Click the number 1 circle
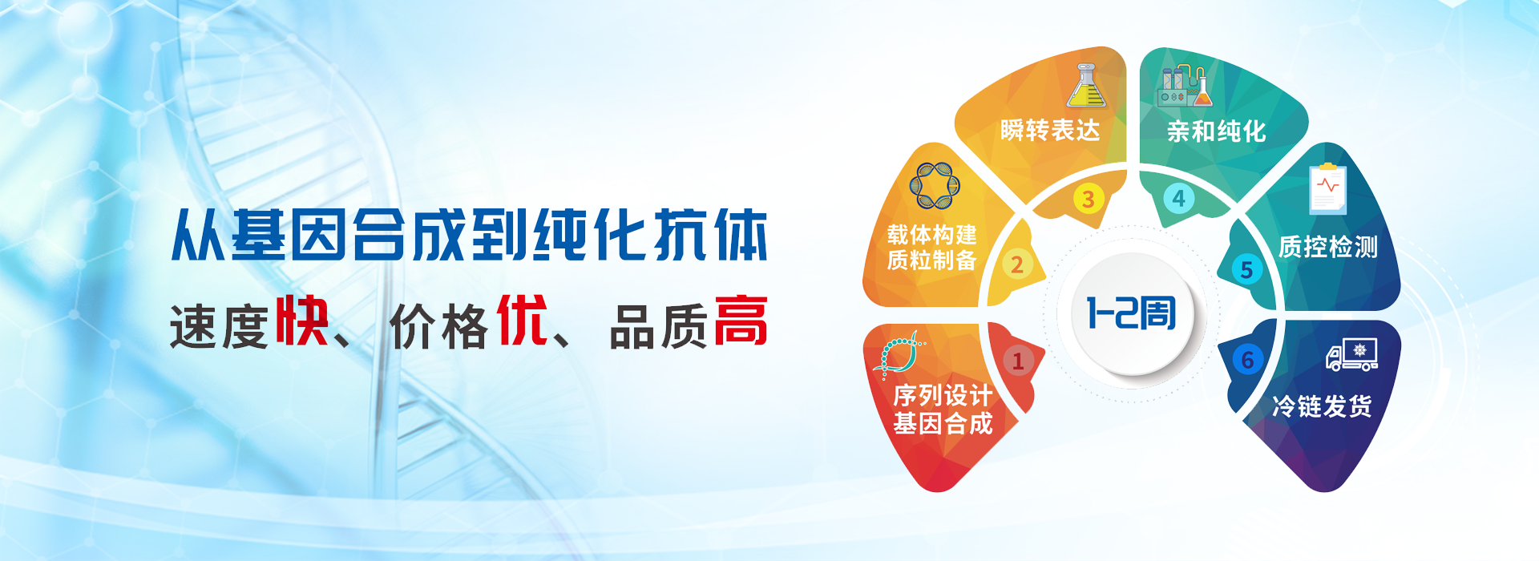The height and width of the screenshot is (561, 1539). pos(1018,361)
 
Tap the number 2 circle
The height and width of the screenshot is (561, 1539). pos(1016,264)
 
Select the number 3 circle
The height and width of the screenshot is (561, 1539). pos(1089,199)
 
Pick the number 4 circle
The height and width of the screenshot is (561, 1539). pos(1178,198)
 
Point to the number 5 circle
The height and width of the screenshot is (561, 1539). pos(1246,269)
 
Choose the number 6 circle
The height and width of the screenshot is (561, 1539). pos(1247,360)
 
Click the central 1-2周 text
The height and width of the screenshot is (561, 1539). pos(1131,313)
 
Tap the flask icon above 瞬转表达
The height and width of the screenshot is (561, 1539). pos(1086,85)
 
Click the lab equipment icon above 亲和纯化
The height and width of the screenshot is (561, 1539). pos(1184,87)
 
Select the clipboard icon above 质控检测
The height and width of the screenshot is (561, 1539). pos(1327,188)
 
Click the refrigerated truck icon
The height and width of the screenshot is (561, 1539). pos(1352,354)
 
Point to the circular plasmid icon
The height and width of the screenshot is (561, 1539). pos(935,186)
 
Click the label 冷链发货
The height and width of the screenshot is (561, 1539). pos(1322,406)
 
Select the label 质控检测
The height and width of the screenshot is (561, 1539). pos(1328,246)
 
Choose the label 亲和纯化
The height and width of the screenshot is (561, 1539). pos(1216,131)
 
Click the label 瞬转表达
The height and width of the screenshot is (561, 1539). pos(1050,130)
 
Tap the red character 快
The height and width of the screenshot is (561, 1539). pos(302,321)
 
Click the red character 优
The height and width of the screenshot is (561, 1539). pos(523,321)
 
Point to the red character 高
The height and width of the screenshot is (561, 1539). pos(741,321)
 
